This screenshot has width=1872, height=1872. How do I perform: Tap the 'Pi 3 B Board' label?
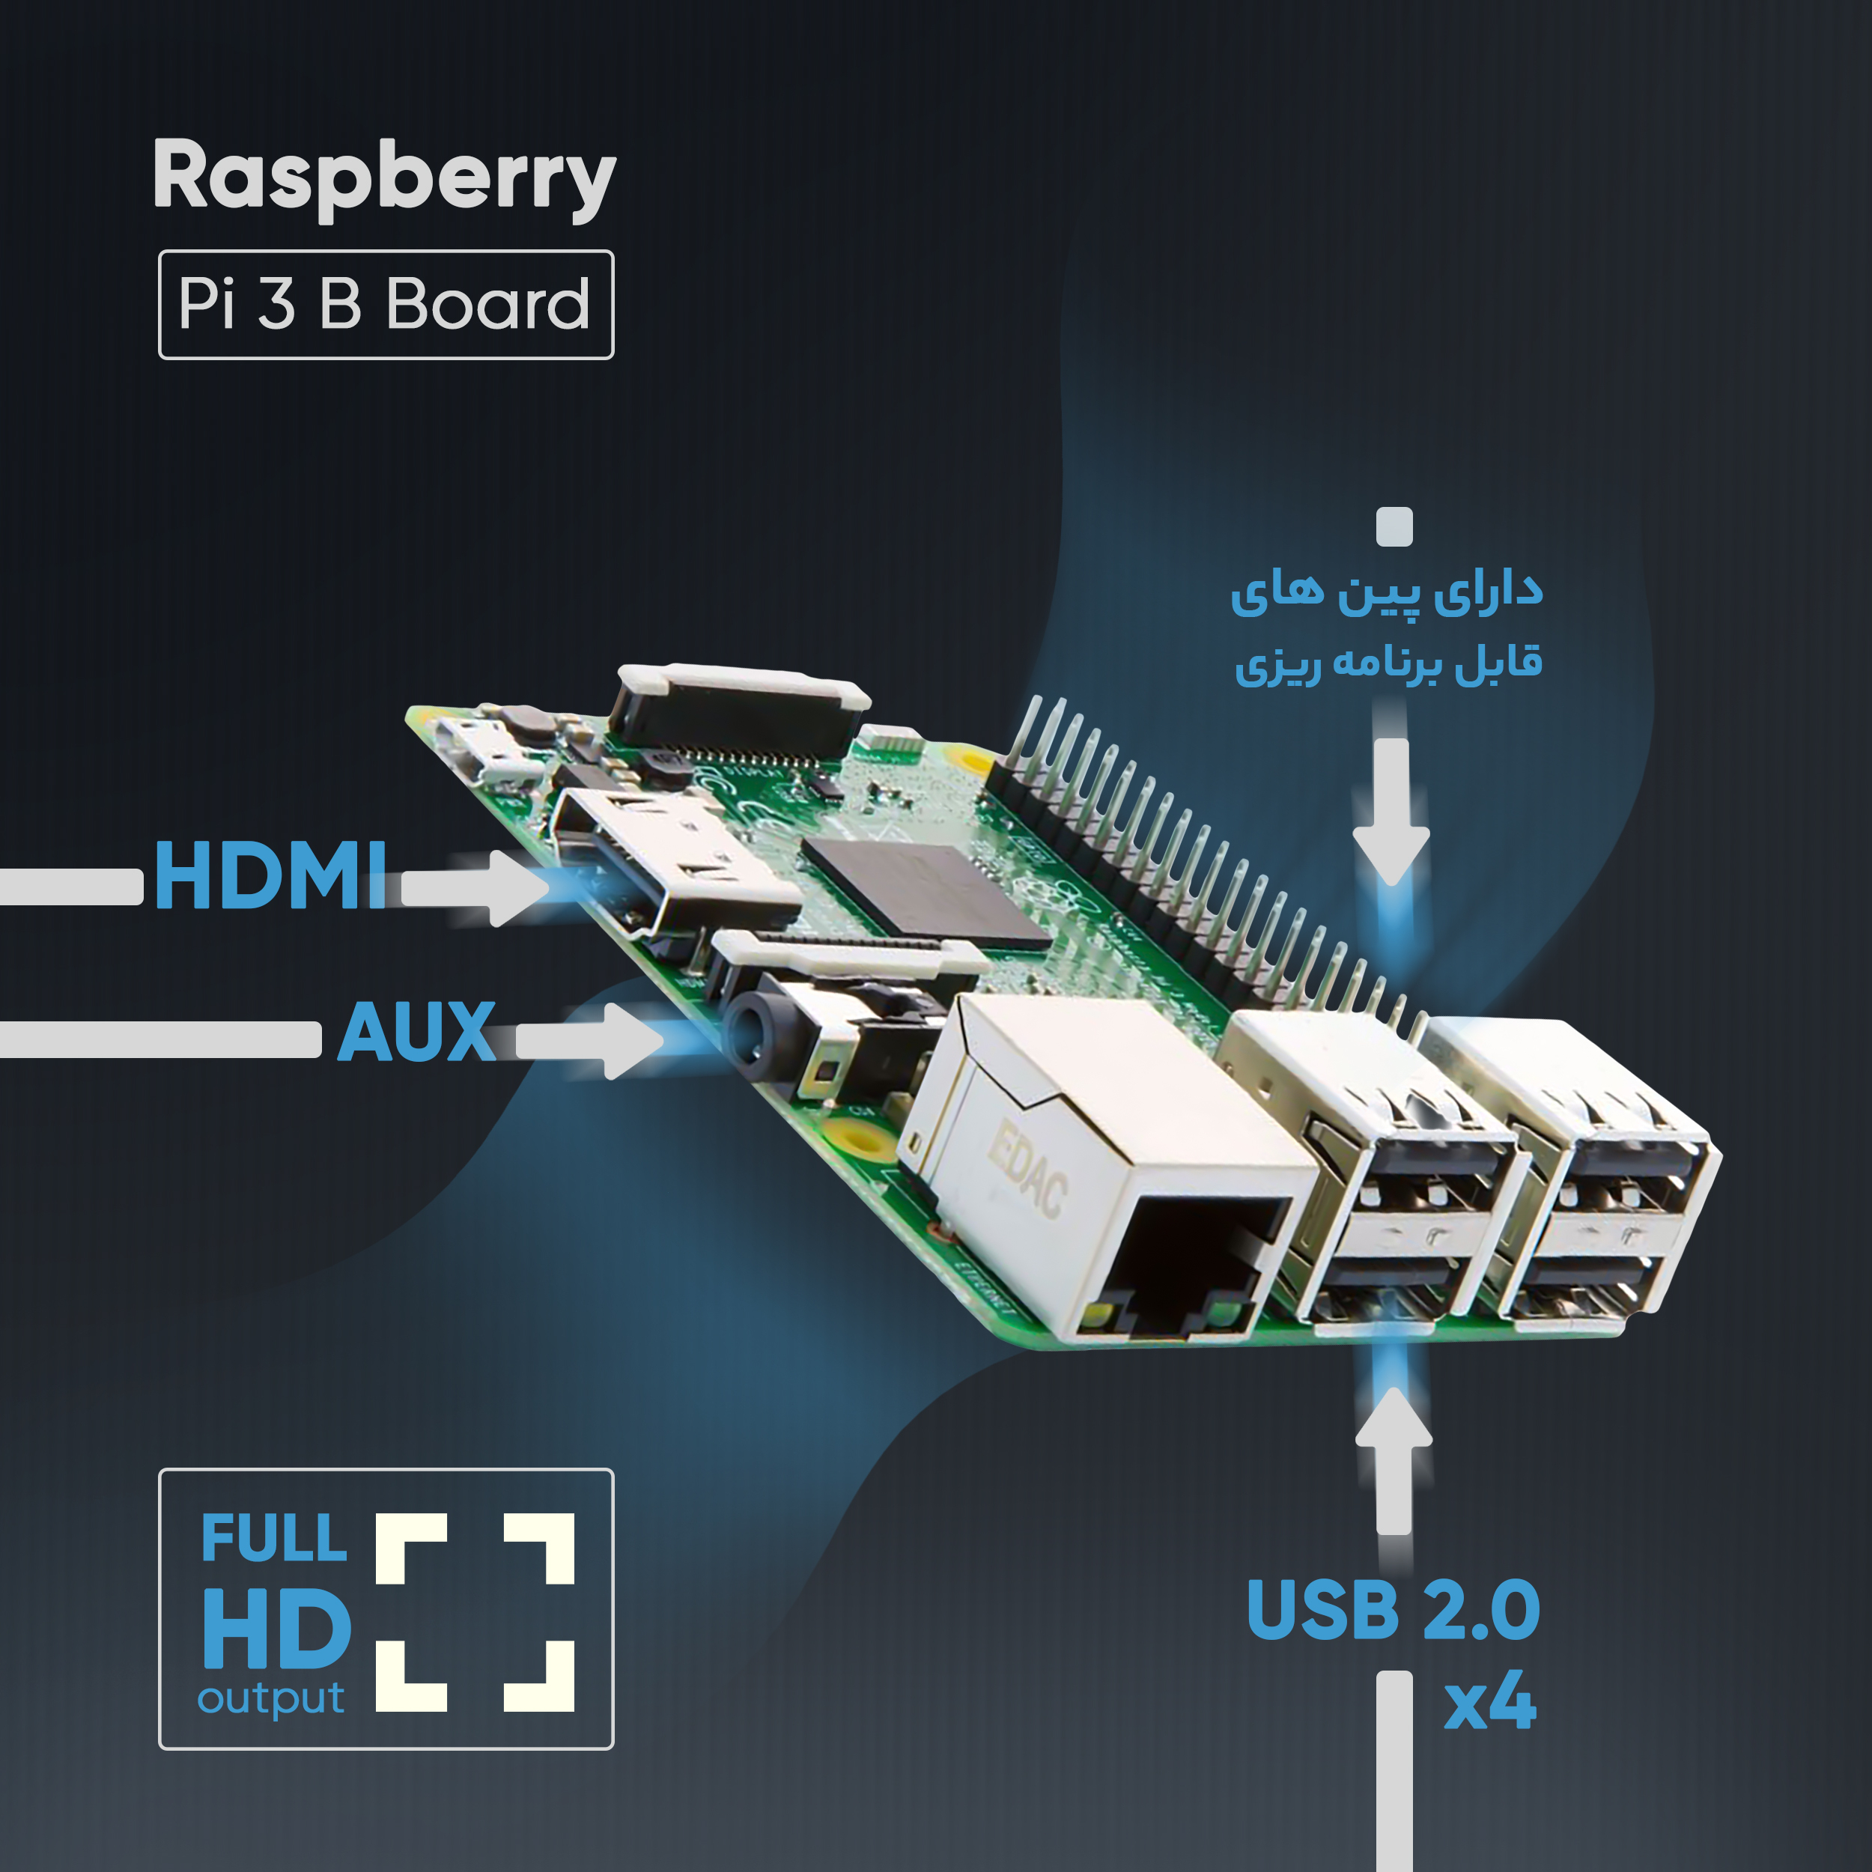pyautogui.click(x=385, y=304)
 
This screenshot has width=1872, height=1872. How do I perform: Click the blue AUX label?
pyautogui.click(x=416, y=1031)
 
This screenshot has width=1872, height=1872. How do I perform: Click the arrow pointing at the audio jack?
pyautogui.click(x=589, y=1041)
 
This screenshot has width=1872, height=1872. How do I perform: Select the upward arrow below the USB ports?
pyautogui.click(x=1394, y=1461)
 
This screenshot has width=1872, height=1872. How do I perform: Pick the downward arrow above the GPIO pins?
pyautogui.click(x=1391, y=812)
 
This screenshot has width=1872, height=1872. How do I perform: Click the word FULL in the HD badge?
pyautogui.click(x=274, y=1539)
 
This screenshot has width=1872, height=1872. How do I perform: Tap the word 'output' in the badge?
pyautogui.click(x=271, y=1700)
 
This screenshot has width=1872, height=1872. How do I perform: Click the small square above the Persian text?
pyautogui.click(x=1394, y=527)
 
